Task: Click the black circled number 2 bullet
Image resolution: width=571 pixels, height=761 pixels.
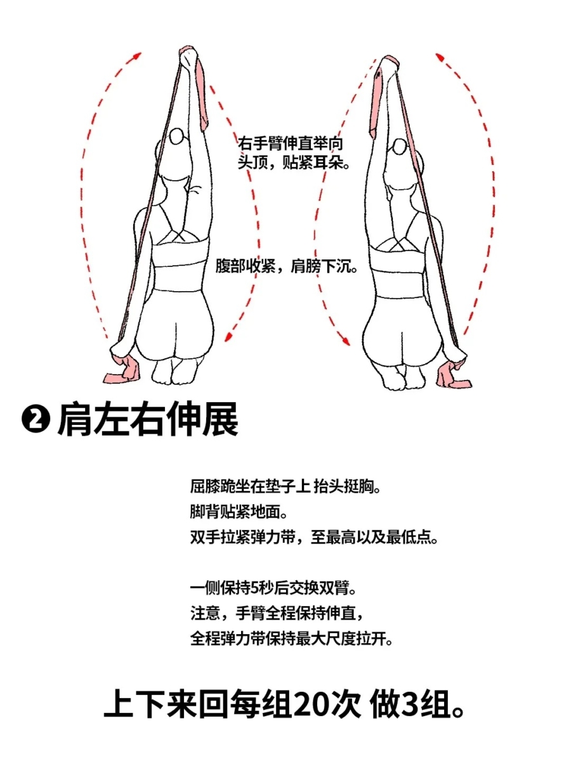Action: [x=36, y=420]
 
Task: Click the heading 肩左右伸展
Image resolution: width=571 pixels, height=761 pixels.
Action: [x=148, y=420]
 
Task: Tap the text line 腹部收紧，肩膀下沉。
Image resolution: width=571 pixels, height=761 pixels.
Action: [x=286, y=266]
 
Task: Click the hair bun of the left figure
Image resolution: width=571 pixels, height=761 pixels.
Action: [x=177, y=136]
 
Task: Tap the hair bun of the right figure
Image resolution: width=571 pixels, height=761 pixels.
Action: [x=400, y=146]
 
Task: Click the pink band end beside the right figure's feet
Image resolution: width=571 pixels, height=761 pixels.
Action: [x=454, y=374]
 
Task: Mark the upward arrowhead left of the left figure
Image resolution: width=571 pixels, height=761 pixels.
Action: [x=137, y=55]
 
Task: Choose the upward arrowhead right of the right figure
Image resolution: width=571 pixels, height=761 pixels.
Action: [x=440, y=57]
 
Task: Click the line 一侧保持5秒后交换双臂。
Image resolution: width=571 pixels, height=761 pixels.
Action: [x=273, y=588]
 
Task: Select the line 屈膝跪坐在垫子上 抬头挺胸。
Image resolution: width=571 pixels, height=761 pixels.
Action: [x=285, y=487]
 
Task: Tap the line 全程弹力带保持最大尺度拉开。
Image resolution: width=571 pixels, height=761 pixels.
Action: [x=292, y=639]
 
